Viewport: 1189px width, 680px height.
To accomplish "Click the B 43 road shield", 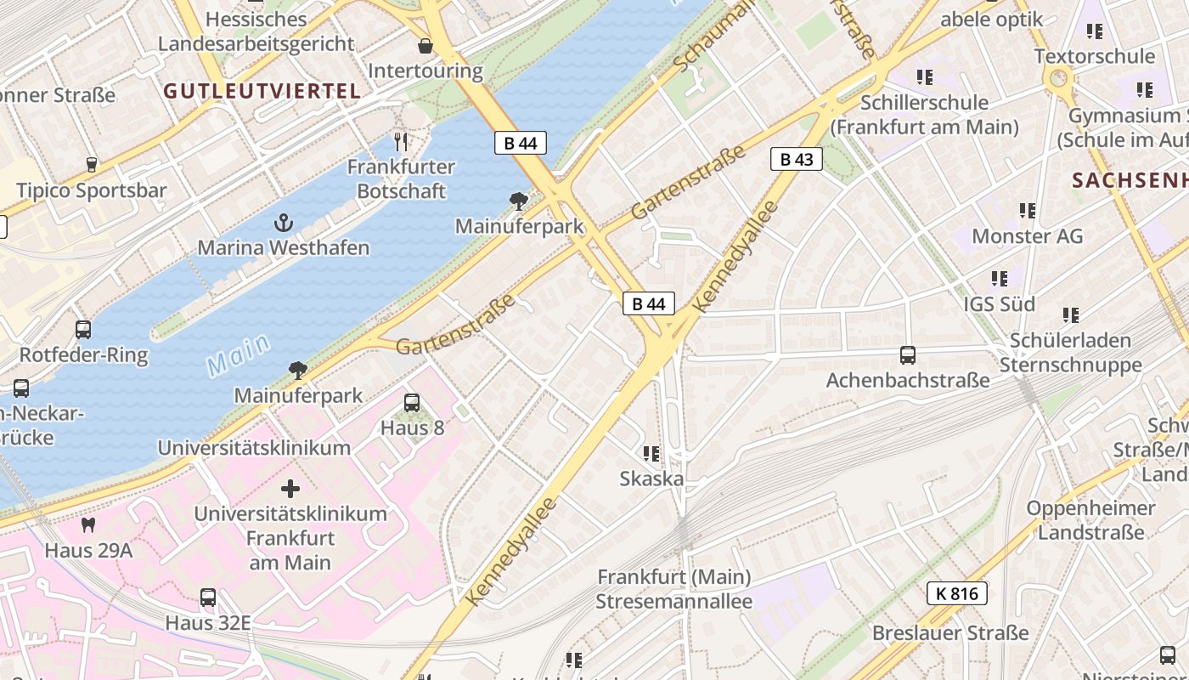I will pyautogui.click(x=797, y=159).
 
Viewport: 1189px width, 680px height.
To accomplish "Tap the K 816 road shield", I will pyautogui.click(x=957, y=593).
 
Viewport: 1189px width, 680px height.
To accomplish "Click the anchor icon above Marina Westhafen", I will pyautogui.click(x=284, y=224).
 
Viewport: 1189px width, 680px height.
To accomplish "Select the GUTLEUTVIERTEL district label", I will pyautogui.click(x=262, y=91).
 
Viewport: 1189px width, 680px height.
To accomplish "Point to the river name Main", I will pyautogui.click(x=239, y=355).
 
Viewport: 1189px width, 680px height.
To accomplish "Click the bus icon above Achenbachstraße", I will pyautogui.click(x=908, y=355).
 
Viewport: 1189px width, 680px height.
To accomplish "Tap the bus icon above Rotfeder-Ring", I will pyautogui.click(x=83, y=330).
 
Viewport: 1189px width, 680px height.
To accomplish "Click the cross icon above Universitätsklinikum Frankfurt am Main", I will pyautogui.click(x=290, y=489).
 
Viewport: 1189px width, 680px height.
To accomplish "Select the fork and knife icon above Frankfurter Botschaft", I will pyautogui.click(x=402, y=142).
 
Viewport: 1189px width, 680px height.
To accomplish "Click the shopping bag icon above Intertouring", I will pyautogui.click(x=425, y=46).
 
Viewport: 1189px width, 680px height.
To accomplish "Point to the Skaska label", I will pyautogui.click(x=651, y=479).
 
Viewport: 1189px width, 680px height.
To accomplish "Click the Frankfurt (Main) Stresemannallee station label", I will pyautogui.click(x=673, y=589).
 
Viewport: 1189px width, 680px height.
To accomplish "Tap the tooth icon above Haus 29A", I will pyautogui.click(x=88, y=526).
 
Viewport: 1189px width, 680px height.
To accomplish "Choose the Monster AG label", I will pyautogui.click(x=1027, y=235).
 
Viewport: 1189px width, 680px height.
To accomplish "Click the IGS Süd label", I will pyautogui.click(x=999, y=303).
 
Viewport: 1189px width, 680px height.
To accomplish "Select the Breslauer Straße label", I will pyautogui.click(x=950, y=633).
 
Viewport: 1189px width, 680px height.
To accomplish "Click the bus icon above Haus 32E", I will pyautogui.click(x=208, y=598).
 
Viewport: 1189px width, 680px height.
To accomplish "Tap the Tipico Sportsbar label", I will pyautogui.click(x=92, y=190).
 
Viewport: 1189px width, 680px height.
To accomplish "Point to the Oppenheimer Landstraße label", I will pyautogui.click(x=1090, y=520).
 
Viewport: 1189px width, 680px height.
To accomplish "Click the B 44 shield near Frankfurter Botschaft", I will pyautogui.click(x=520, y=143).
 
